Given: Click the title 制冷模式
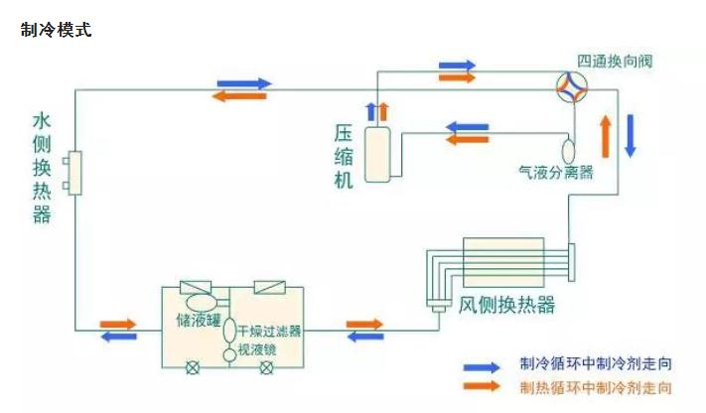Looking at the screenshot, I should [x=56, y=30].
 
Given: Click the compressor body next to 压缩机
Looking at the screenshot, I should [x=377, y=155].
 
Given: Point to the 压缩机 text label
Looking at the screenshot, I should [x=344, y=156].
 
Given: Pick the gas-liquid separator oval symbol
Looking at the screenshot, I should [x=570, y=151].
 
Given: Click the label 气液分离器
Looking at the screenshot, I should [x=556, y=173].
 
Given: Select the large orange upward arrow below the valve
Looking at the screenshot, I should [x=604, y=135].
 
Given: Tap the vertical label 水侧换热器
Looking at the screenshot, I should [x=42, y=168].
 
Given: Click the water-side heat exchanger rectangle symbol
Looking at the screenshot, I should [x=73, y=175].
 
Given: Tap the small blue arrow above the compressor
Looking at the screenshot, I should [x=371, y=110].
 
